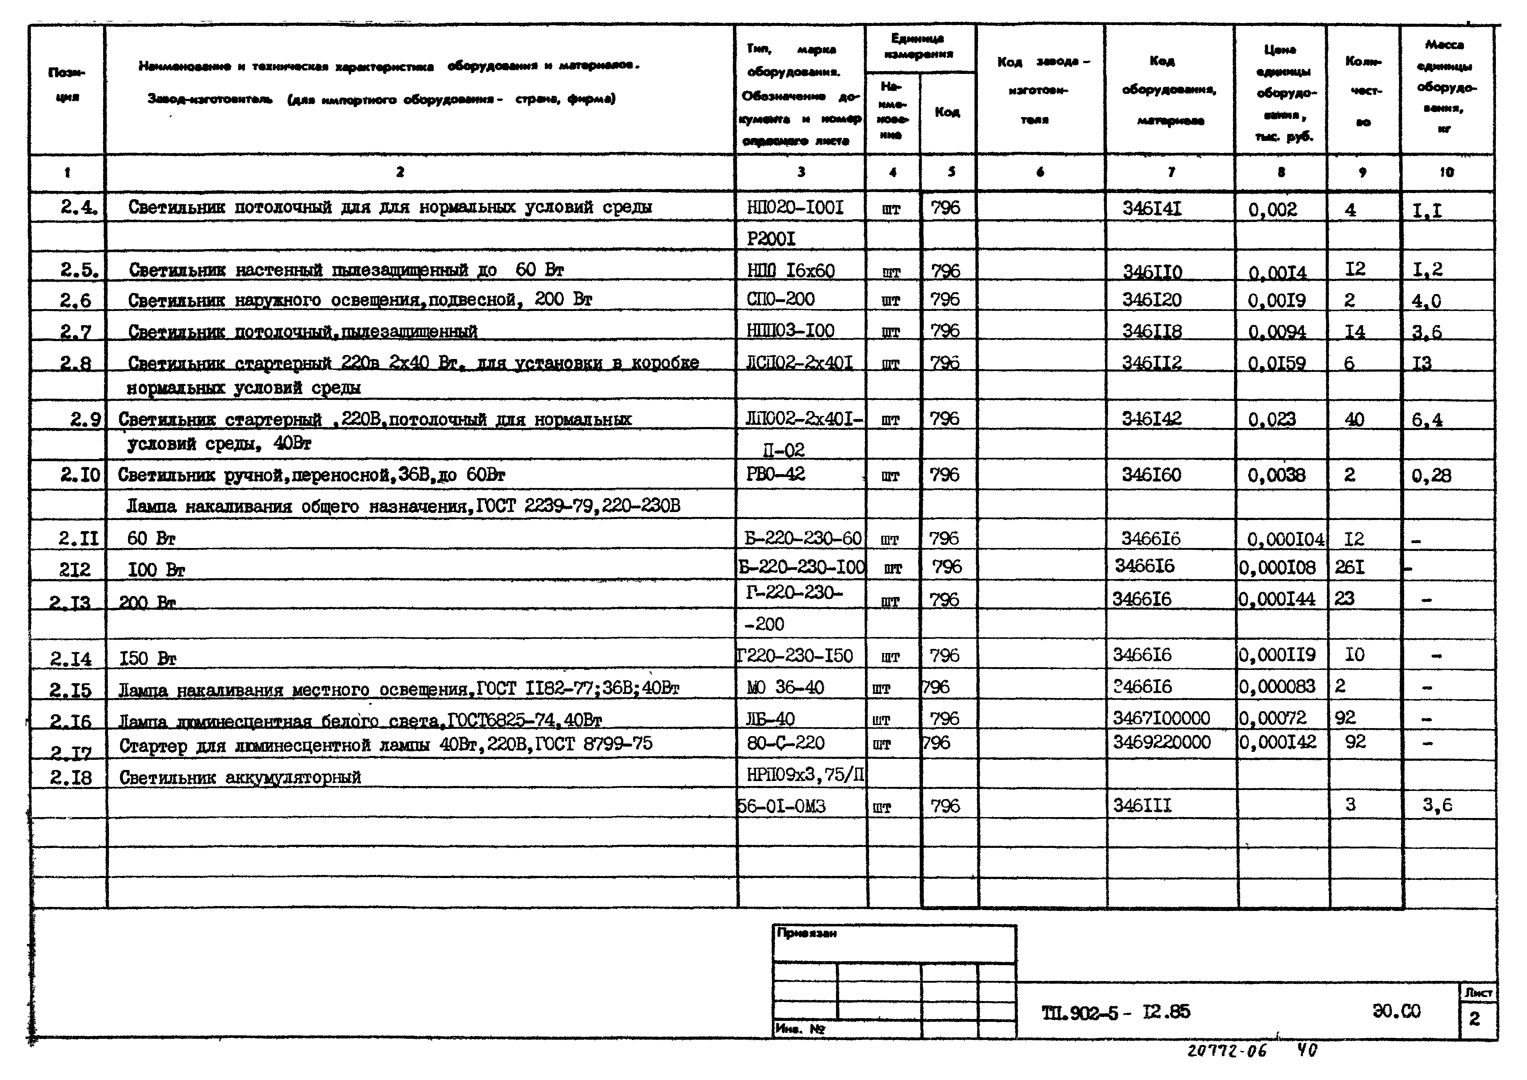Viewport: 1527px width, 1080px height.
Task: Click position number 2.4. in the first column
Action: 78,208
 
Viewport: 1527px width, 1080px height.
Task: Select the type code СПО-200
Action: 780,299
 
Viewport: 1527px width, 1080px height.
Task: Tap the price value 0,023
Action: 1272,419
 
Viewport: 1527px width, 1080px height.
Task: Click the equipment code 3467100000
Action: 1161,718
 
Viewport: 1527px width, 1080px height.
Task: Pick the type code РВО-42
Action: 775,474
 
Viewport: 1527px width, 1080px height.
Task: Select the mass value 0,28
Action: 1431,475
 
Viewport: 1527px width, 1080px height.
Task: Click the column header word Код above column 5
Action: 947,112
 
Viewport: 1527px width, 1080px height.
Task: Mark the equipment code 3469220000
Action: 1161,742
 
